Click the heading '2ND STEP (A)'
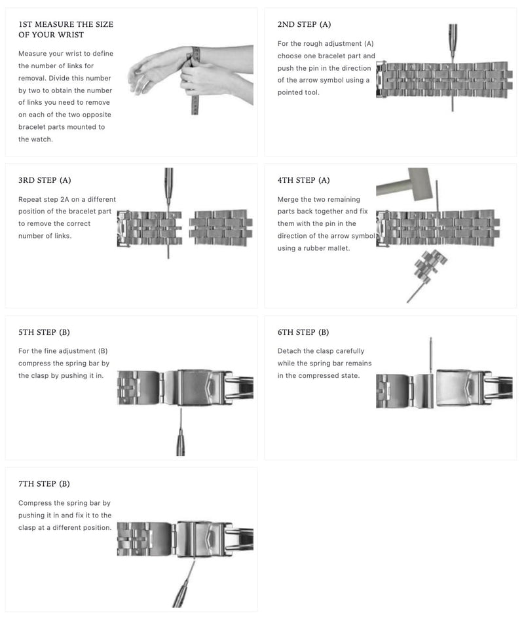pyautogui.click(x=304, y=25)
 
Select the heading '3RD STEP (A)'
pyautogui.click(x=45, y=180)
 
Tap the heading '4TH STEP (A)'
pyautogui.click(x=304, y=180)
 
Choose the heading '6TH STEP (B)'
pyautogui.click(x=303, y=332)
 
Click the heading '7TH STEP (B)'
pyautogui.click(x=44, y=484)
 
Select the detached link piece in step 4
pyautogui.click(x=430, y=265)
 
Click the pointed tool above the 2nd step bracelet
pyautogui.click(x=453, y=41)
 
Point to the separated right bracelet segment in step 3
pyautogui.click(x=221, y=227)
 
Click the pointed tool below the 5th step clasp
pyautogui.click(x=180, y=436)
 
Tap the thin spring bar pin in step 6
pyautogui.click(x=430, y=354)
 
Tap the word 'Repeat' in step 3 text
pyautogui.click(x=31, y=199)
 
